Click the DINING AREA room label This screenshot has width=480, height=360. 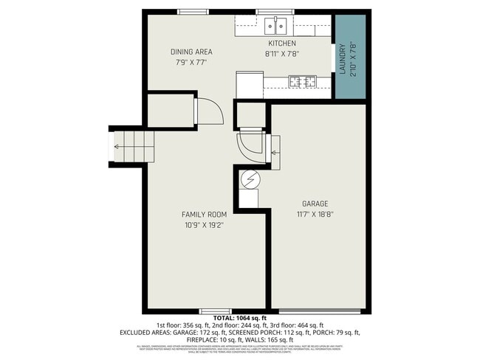tap(191, 52)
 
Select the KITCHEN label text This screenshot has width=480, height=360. tap(281, 44)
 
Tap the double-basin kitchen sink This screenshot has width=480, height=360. tap(276, 27)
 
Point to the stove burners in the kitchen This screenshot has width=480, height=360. tap(302, 81)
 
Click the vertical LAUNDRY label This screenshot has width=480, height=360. tap(342, 58)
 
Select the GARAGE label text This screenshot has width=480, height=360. tap(315, 204)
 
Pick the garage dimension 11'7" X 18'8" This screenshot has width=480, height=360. tap(315, 215)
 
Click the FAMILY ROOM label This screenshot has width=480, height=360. tap(204, 215)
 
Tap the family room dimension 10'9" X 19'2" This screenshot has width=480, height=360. tap(204, 225)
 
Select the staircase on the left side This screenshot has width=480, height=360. tap(134, 145)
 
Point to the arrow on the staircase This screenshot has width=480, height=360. tap(117, 146)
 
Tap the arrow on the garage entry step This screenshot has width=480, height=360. tap(275, 153)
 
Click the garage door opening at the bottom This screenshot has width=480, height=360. tap(319, 310)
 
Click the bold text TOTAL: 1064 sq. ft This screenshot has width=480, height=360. tap(239, 318)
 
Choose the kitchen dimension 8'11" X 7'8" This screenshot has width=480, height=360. tap(281, 54)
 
